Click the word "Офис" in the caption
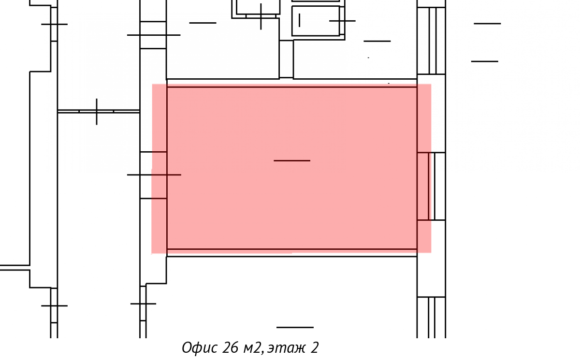[x=200, y=347]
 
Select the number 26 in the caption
[x=230, y=347]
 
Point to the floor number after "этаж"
[x=314, y=347]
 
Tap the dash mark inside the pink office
[x=292, y=161]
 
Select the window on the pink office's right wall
[x=431, y=187]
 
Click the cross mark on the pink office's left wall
[x=154, y=175]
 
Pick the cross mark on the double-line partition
[x=97, y=112]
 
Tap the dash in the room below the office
[x=295, y=328]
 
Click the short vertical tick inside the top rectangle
[x=299, y=20]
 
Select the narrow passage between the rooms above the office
[x=286, y=59]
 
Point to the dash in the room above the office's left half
[x=203, y=23]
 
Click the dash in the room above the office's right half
[x=377, y=41]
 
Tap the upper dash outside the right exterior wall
[x=487, y=24]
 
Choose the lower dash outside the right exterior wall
[x=484, y=61]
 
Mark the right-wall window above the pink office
[x=431, y=41]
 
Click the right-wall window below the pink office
[x=431, y=317]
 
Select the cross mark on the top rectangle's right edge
[x=342, y=21]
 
